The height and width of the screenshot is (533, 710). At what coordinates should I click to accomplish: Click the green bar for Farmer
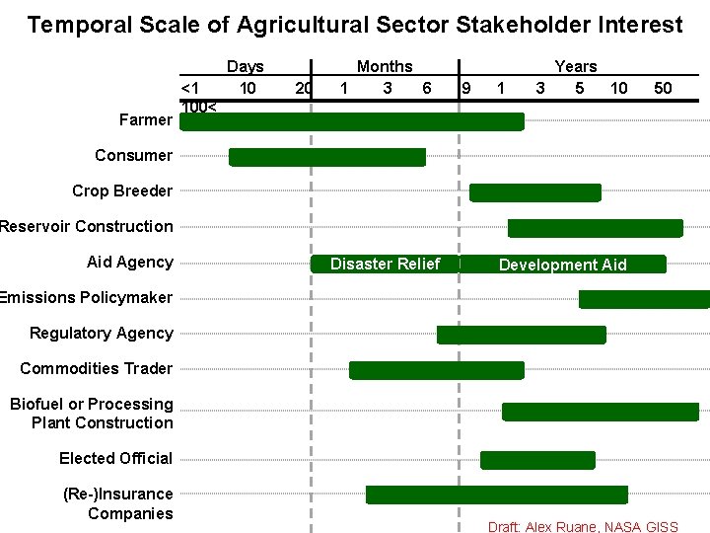(352, 121)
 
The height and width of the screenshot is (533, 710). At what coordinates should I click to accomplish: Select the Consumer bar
(327, 157)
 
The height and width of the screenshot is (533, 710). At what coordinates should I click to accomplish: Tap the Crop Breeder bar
(534, 192)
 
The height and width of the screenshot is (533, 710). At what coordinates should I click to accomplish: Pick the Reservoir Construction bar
(595, 228)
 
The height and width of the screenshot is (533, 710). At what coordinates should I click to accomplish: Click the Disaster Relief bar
(385, 264)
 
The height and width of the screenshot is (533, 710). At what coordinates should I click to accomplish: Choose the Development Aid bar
(562, 265)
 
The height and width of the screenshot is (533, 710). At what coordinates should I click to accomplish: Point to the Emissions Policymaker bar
(644, 299)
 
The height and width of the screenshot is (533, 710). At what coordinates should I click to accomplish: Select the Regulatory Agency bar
(521, 335)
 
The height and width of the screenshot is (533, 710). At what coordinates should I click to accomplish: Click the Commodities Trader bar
(437, 370)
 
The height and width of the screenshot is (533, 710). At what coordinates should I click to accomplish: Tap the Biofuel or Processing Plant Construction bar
(601, 412)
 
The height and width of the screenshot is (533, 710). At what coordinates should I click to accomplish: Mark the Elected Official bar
(537, 460)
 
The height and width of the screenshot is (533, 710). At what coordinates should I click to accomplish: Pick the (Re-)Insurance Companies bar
(497, 495)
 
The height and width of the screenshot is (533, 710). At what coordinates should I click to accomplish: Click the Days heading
(246, 66)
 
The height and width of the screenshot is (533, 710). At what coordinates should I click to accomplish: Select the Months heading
(385, 66)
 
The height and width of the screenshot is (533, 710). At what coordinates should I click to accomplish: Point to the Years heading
(576, 66)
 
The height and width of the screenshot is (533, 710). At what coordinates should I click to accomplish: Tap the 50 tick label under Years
(663, 88)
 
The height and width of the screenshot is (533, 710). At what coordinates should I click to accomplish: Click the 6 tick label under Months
(426, 88)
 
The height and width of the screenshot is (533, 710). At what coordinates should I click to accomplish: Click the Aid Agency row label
(129, 262)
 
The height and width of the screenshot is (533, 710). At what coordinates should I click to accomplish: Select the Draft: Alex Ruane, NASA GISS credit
(583, 526)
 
